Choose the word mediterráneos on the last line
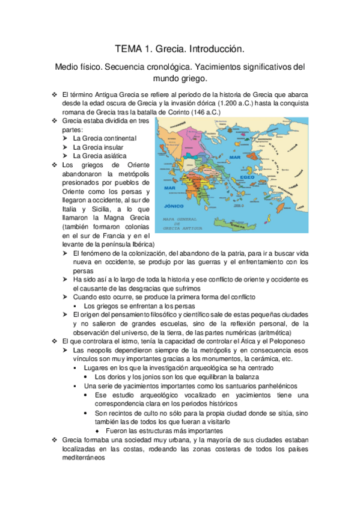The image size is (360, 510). pyautogui.click(x=79, y=457)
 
